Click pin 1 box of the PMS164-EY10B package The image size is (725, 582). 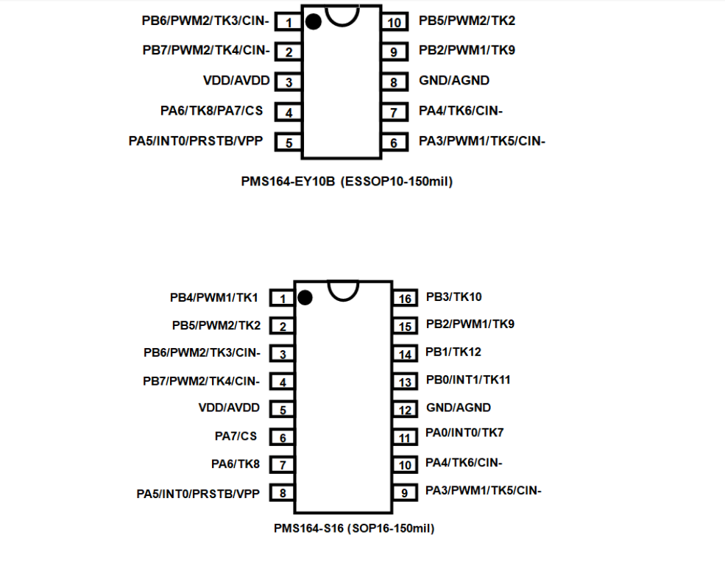tap(289, 23)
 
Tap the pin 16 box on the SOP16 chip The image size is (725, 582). tap(405, 299)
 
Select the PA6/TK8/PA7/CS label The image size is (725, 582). tap(211, 111)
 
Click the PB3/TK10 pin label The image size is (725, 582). tap(453, 297)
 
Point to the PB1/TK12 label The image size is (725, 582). tap(453, 352)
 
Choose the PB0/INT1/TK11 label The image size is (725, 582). tap(468, 380)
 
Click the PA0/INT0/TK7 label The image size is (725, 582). tap(464, 433)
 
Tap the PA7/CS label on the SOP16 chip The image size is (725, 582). tap(236, 436)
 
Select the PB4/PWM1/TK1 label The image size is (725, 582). tap(215, 297)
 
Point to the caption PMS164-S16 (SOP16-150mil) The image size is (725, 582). tap(354, 528)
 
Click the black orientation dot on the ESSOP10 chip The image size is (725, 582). tap(314, 22)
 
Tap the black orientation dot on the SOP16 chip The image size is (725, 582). tap(305, 297)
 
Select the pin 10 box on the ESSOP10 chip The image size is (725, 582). tap(395, 23)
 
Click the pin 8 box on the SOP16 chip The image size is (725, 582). tap(282, 494)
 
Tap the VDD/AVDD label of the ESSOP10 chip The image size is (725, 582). tap(236, 80)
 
